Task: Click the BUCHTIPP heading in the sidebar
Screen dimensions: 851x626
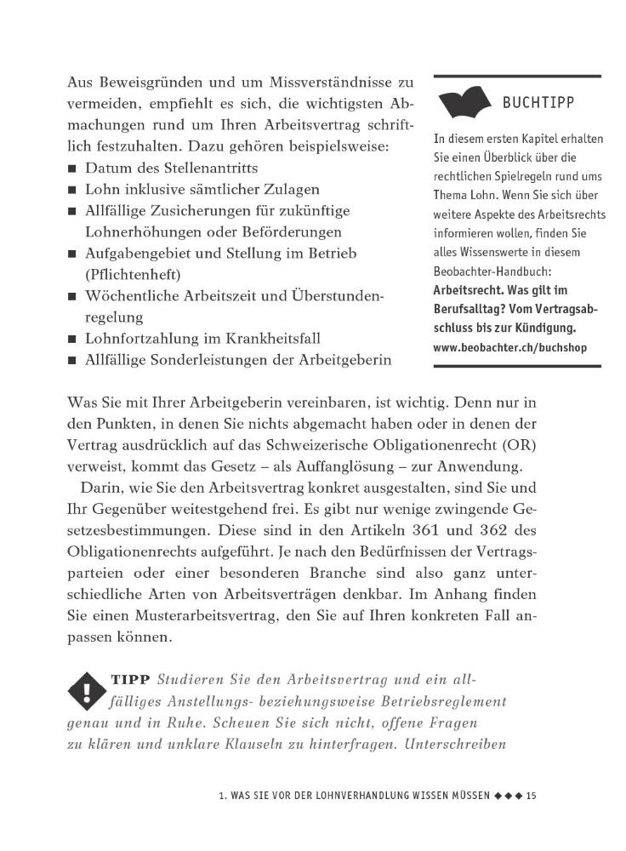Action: click(538, 103)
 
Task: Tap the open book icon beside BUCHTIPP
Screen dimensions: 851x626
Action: click(466, 105)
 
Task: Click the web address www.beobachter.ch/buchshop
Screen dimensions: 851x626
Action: click(509, 347)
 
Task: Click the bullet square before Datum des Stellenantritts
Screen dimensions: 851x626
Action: click(73, 168)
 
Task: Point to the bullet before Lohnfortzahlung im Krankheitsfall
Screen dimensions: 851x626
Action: click(73, 339)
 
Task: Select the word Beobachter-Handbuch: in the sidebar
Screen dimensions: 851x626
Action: click(492, 272)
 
